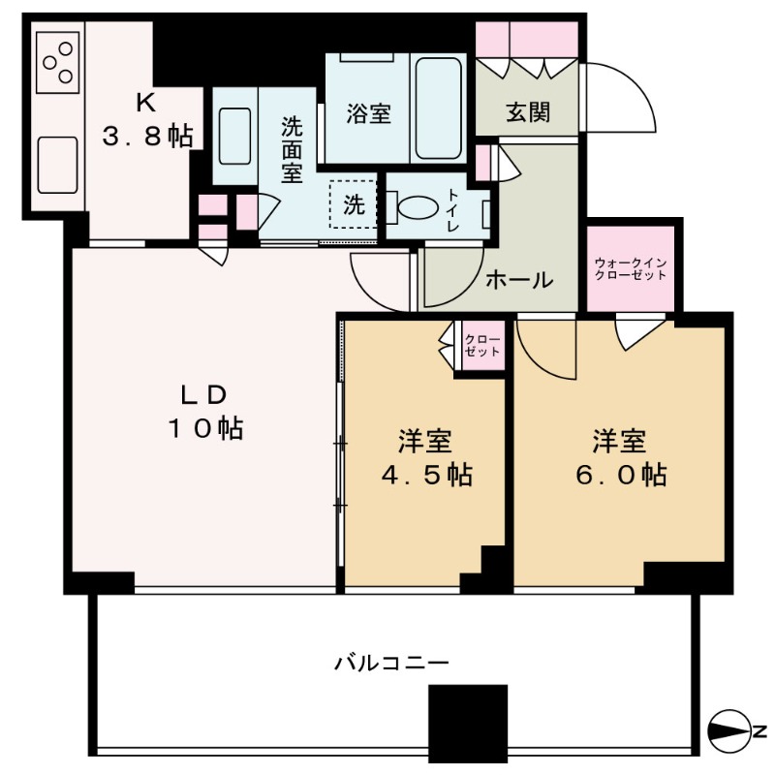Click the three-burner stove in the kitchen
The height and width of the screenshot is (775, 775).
(58, 63)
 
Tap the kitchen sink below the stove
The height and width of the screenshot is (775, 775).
(58, 165)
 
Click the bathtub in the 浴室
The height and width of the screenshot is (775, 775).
(438, 108)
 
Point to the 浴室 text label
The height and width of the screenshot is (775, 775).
(368, 113)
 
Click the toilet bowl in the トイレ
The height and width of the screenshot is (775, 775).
(417, 207)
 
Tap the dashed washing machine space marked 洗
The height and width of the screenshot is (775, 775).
(353, 204)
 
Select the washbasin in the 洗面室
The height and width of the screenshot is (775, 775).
(234, 136)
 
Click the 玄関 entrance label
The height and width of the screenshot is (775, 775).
(527, 112)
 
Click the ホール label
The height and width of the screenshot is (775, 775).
(519, 280)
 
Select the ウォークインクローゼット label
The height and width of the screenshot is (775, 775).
(631, 269)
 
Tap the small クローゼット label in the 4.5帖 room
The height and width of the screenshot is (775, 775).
(482, 346)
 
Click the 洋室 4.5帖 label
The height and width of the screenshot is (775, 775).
(425, 457)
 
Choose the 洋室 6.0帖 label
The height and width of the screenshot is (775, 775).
(620, 457)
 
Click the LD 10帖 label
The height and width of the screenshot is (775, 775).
(205, 412)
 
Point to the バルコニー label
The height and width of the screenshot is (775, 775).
(391, 663)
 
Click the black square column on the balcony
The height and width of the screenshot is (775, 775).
(468, 724)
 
